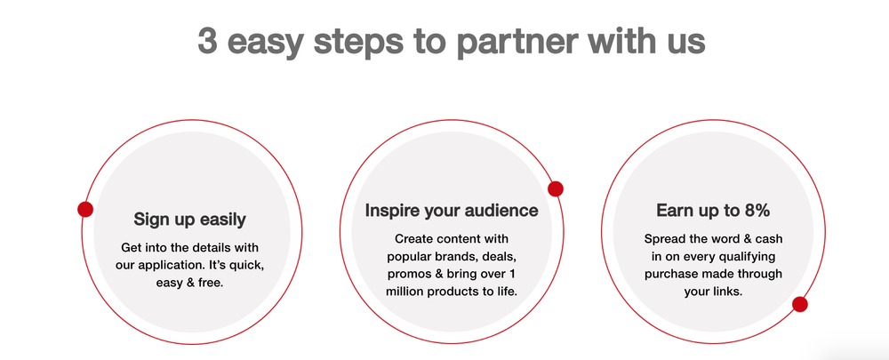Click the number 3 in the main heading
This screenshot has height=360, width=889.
pos(206,42)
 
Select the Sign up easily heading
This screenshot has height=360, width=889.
pos(189,219)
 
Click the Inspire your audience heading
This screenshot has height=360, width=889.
pos(452,211)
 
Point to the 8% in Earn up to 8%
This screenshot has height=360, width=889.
pos(753,211)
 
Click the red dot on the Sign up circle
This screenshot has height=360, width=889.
pos(85,210)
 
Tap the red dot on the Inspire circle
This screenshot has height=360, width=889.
pos(556,188)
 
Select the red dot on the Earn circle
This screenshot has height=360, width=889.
pos(799,305)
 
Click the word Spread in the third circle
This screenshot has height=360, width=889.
pos(662,239)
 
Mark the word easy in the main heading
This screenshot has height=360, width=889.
pos(264,43)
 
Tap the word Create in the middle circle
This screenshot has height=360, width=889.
pos(412,239)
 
